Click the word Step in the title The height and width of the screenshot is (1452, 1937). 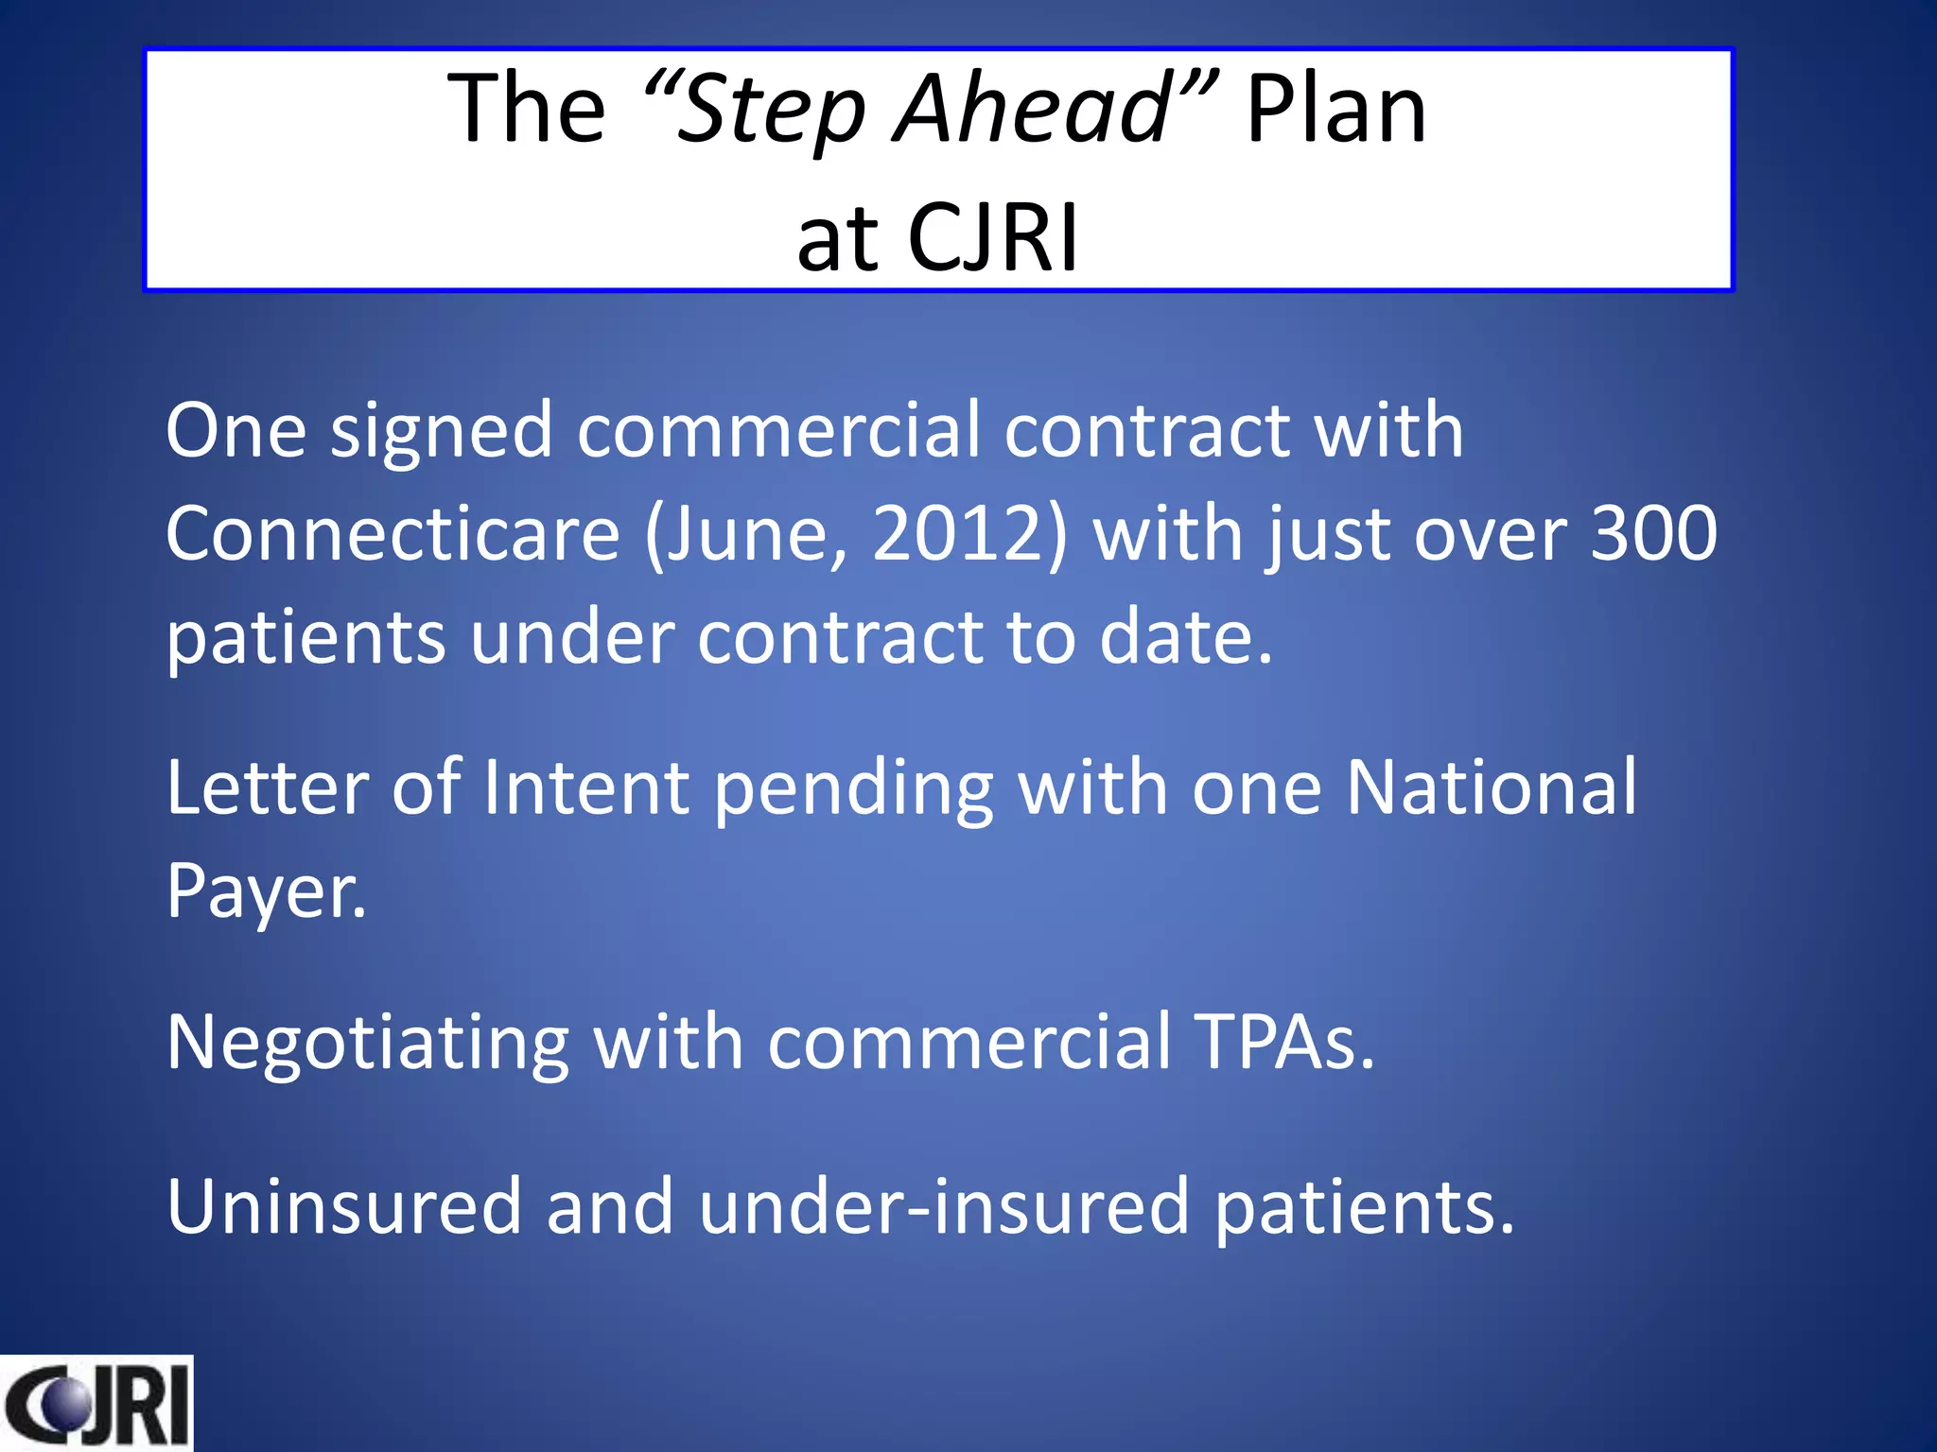pyautogui.click(x=771, y=112)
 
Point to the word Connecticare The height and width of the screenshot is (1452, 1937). pyautogui.click(x=393, y=533)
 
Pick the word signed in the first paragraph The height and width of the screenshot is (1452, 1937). pyautogui.click(x=441, y=431)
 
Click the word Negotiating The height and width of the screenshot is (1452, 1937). pyautogui.click(x=368, y=1042)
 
